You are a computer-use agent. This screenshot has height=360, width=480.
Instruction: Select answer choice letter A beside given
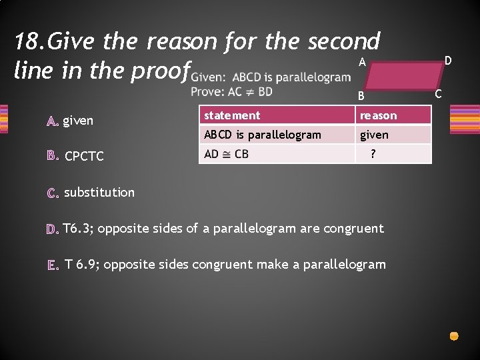coord(53,121)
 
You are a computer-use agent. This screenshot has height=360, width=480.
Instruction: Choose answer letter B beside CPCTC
coord(53,157)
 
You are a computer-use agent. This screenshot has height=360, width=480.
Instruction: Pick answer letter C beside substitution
coord(53,193)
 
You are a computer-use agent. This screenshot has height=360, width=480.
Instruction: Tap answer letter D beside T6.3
coord(53,229)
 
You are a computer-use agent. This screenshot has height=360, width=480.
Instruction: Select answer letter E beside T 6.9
coord(53,265)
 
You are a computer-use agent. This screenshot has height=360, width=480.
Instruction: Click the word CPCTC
coord(84,157)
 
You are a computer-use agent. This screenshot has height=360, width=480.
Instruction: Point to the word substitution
coord(99,193)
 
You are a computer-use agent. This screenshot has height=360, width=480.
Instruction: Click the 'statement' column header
coord(232,115)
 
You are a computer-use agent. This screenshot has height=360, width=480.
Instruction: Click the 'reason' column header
coord(378,115)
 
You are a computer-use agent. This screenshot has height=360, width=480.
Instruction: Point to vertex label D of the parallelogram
coord(448,61)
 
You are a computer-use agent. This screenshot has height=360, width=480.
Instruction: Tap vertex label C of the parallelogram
coord(437,93)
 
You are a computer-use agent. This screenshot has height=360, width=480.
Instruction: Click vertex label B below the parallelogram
coord(360,96)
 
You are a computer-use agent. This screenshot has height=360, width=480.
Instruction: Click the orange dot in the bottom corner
coord(454,337)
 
